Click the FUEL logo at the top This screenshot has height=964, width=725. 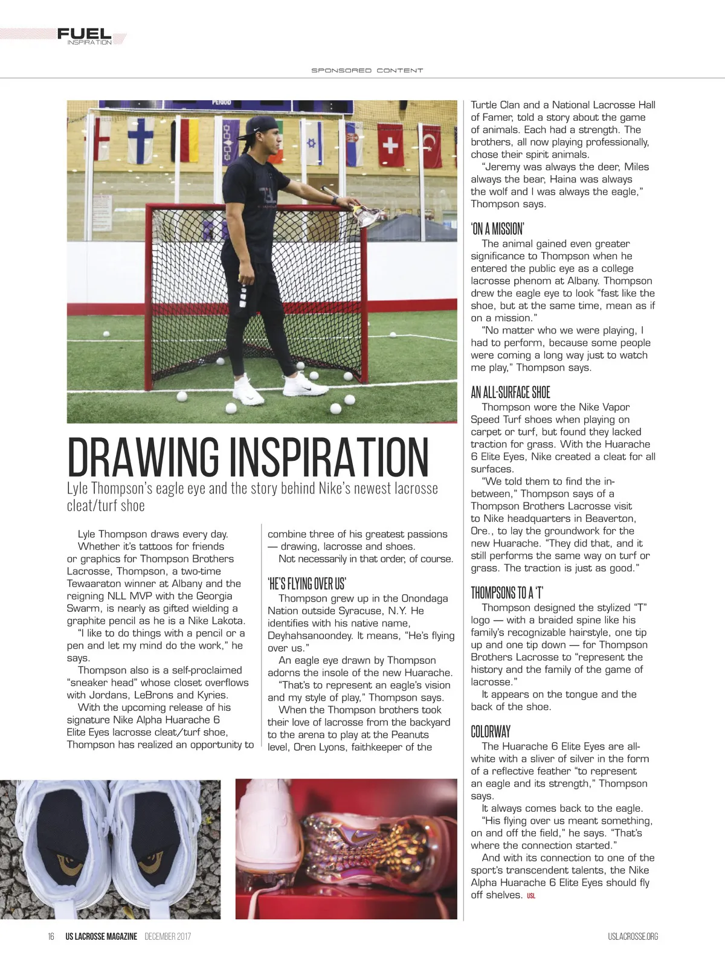(x=85, y=35)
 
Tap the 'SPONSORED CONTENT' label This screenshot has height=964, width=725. (x=367, y=71)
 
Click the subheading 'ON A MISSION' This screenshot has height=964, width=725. (x=497, y=228)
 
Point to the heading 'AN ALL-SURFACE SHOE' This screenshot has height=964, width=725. (x=511, y=392)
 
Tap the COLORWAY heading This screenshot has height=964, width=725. (x=491, y=731)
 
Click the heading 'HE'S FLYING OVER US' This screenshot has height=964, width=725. (x=306, y=583)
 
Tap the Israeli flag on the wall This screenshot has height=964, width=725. (x=312, y=143)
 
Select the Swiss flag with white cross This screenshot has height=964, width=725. (x=390, y=145)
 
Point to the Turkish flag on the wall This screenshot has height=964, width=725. (x=432, y=145)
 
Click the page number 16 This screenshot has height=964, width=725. (x=51, y=937)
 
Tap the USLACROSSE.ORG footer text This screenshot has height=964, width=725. (x=633, y=937)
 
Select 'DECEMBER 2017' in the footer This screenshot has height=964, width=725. (x=168, y=937)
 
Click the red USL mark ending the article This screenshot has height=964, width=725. (x=531, y=896)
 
